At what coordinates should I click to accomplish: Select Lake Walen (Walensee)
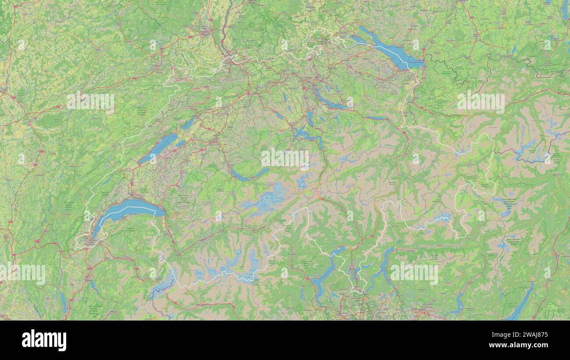[375, 118]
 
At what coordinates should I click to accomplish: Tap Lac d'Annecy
[93, 287]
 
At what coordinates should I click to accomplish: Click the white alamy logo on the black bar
[44, 340]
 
